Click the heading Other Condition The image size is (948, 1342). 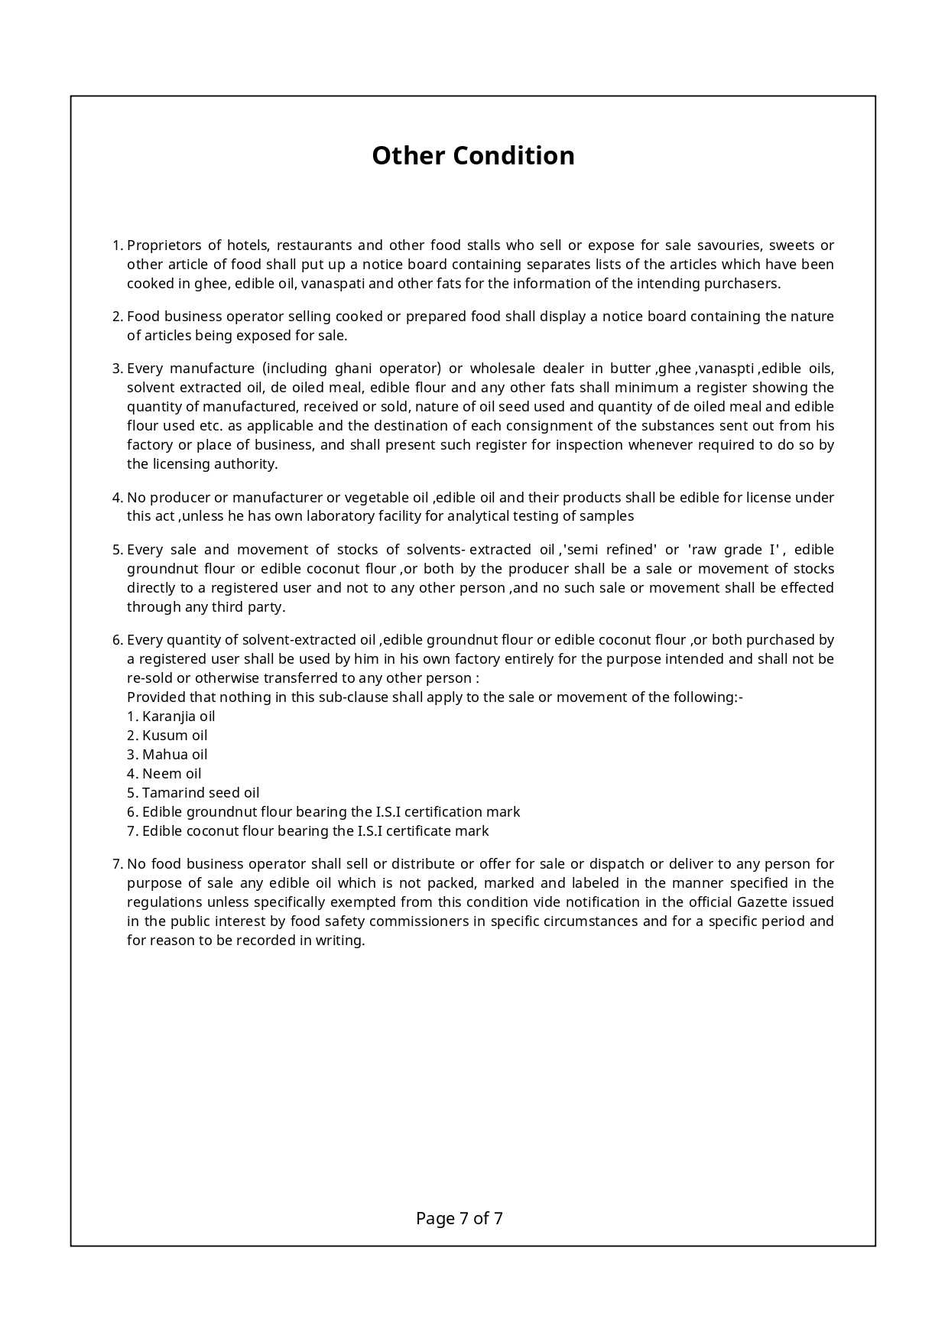point(473,155)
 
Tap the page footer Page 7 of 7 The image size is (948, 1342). point(459,1218)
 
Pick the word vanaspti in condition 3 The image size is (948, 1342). point(725,369)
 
